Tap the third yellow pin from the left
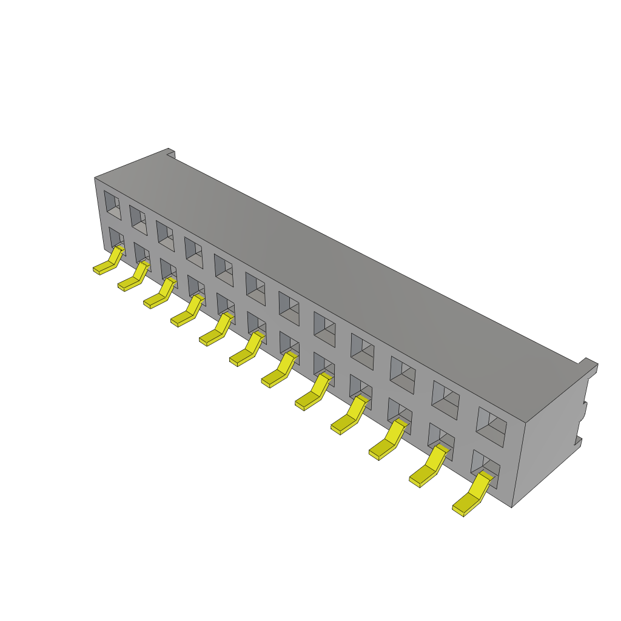coord(158,295)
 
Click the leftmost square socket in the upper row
coord(112,205)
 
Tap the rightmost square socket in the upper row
coord(491,427)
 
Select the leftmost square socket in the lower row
coord(116,238)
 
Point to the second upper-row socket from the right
coord(445,400)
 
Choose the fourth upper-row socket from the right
coord(362,352)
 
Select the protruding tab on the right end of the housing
coord(587,366)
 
